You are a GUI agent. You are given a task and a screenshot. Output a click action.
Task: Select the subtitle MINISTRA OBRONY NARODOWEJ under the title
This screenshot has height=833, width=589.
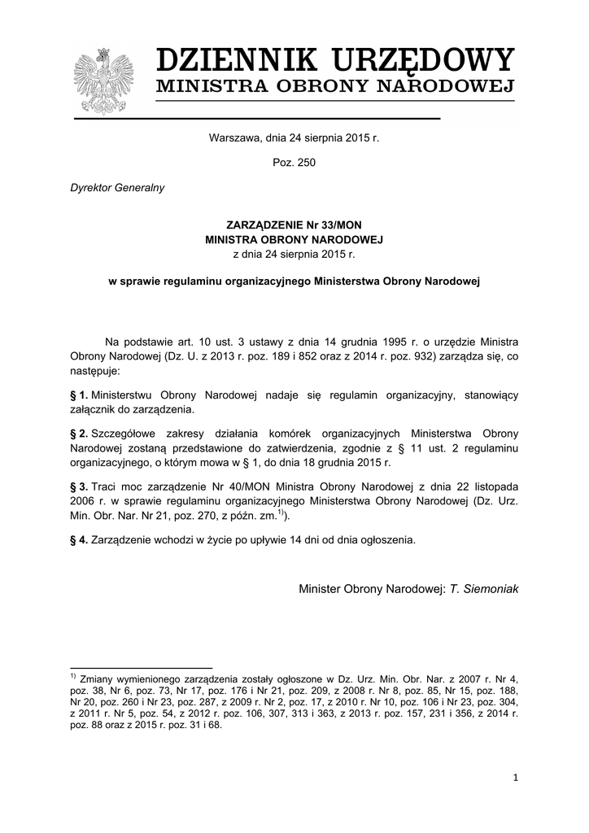click(335, 87)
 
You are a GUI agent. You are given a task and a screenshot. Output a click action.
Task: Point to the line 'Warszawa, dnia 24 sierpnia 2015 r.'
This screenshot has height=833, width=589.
click(294, 138)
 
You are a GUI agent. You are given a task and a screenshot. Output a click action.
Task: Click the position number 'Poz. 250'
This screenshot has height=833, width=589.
click(294, 163)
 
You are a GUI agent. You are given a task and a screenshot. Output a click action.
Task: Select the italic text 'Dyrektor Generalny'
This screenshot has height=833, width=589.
click(119, 188)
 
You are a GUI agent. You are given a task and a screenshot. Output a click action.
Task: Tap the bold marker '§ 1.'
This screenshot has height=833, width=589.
click(79, 395)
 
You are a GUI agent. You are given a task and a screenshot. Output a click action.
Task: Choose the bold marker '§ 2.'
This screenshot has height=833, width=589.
click(79, 433)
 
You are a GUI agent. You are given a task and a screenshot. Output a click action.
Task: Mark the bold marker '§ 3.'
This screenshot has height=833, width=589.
click(79, 486)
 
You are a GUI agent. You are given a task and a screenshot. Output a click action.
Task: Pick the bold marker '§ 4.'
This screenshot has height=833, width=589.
click(79, 539)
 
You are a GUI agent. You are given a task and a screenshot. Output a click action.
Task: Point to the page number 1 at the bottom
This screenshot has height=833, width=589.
click(515, 778)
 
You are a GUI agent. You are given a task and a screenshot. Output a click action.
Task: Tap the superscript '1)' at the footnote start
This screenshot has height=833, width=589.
click(72, 676)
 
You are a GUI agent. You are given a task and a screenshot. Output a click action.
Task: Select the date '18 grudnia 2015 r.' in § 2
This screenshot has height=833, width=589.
click(345, 463)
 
